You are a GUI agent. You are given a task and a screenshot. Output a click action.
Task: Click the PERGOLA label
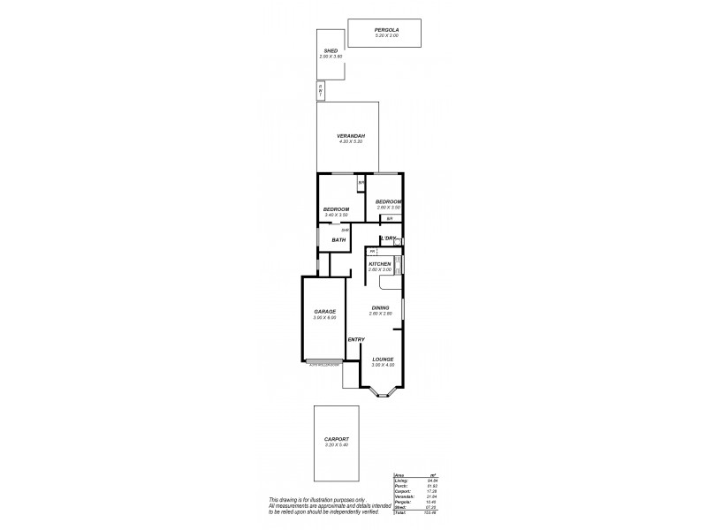[385, 30]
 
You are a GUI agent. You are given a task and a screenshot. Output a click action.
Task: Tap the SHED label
[331, 51]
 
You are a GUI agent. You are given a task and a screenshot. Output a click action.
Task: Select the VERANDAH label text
[350, 136]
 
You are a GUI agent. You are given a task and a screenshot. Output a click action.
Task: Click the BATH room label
[338, 239]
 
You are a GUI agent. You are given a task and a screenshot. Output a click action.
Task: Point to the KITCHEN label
[380, 264]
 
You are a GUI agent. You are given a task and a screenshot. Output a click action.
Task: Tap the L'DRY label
[387, 238]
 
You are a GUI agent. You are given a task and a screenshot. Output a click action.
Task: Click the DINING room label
[380, 307]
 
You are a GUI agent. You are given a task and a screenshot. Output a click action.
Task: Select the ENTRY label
[356, 340]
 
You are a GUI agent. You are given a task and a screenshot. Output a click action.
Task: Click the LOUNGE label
[383, 359]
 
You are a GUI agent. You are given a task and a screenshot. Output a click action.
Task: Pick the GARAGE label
[324, 312]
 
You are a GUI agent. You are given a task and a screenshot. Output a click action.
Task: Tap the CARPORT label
[336, 439]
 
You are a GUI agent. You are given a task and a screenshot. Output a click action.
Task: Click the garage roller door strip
[323, 362]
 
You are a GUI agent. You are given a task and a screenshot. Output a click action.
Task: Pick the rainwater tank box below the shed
[321, 91]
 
